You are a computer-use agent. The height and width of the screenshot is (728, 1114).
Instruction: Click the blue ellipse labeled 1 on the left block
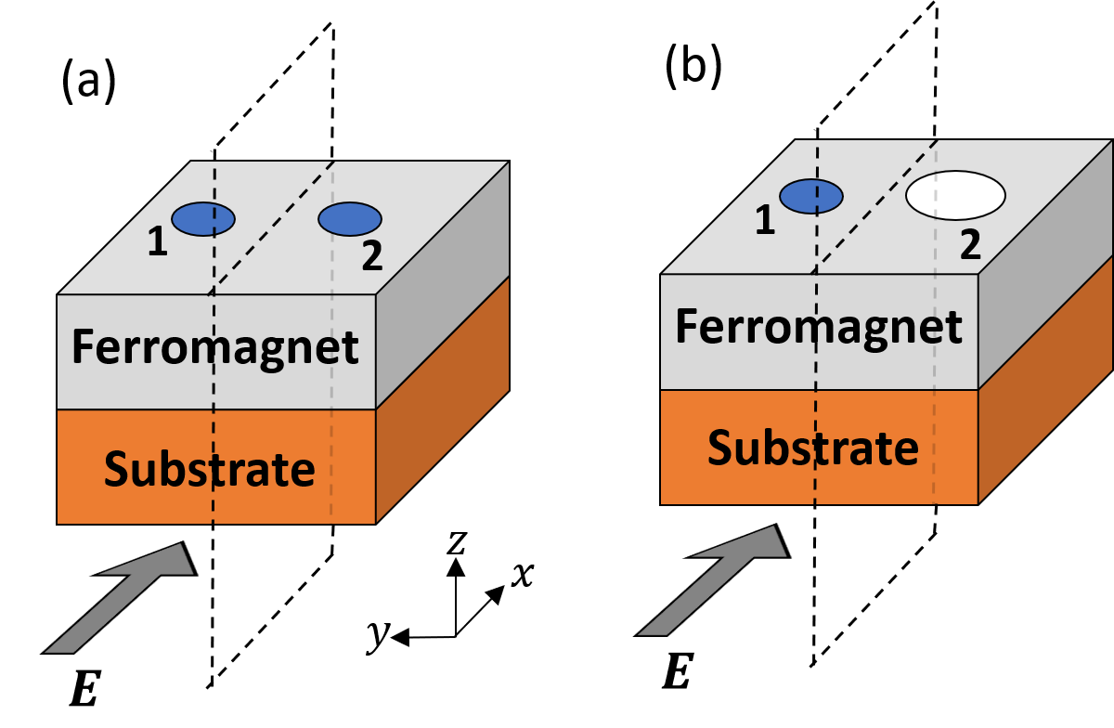pos(202,219)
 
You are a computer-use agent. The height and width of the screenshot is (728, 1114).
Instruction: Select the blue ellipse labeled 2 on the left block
pos(350,219)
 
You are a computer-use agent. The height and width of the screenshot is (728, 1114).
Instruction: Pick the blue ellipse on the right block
pos(810,196)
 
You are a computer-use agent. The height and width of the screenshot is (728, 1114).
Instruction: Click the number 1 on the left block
pos(159,243)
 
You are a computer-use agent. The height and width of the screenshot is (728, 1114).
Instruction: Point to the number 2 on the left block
pos(371,257)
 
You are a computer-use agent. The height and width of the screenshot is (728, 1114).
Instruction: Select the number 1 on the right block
pos(764,221)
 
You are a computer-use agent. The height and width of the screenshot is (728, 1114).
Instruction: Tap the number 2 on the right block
pos(970,245)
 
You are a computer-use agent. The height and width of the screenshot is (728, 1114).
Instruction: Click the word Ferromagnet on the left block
pos(214,347)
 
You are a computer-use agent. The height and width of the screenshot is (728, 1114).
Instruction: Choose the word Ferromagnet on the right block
pos(818,327)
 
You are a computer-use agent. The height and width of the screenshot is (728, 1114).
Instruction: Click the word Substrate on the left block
pos(209,469)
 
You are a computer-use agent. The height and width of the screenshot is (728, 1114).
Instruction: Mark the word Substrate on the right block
pos(812,448)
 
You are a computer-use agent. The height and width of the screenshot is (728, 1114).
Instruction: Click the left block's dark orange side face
pos(443,399)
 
